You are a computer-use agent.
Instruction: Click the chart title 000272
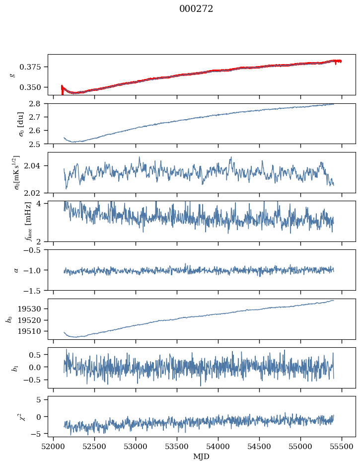tap(196, 9)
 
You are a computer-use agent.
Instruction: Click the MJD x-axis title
tap(201, 457)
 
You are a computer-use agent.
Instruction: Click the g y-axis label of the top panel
tap(13, 75)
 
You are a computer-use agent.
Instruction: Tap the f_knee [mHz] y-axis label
tap(14, 222)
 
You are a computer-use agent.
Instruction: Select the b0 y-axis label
tap(9, 319)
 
